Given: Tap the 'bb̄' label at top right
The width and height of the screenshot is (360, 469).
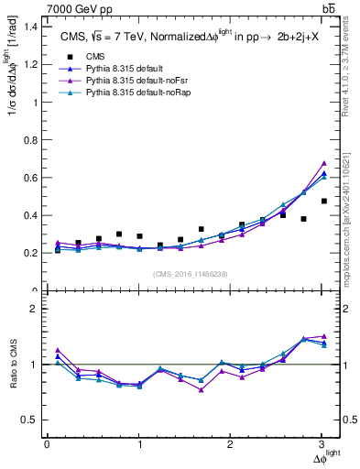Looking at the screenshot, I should (328, 7).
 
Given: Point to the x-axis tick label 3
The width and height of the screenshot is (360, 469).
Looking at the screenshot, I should (323, 444).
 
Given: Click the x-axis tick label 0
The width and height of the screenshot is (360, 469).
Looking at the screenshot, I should (47, 444).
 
